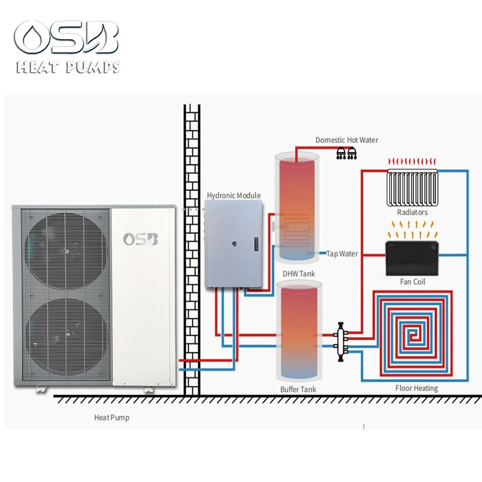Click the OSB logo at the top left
tap(68, 37)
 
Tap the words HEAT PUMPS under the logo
tap(68, 67)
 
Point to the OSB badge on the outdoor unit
tap(140, 239)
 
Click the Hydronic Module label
tap(234, 195)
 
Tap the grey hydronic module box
tap(234, 243)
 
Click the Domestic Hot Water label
tap(346, 140)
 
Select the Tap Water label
tap(342, 254)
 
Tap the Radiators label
tap(412, 212)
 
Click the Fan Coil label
tap(412, 281)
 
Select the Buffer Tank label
tap(298, 390)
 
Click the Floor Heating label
tap(416, 388)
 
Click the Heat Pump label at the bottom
tap(111, 417)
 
